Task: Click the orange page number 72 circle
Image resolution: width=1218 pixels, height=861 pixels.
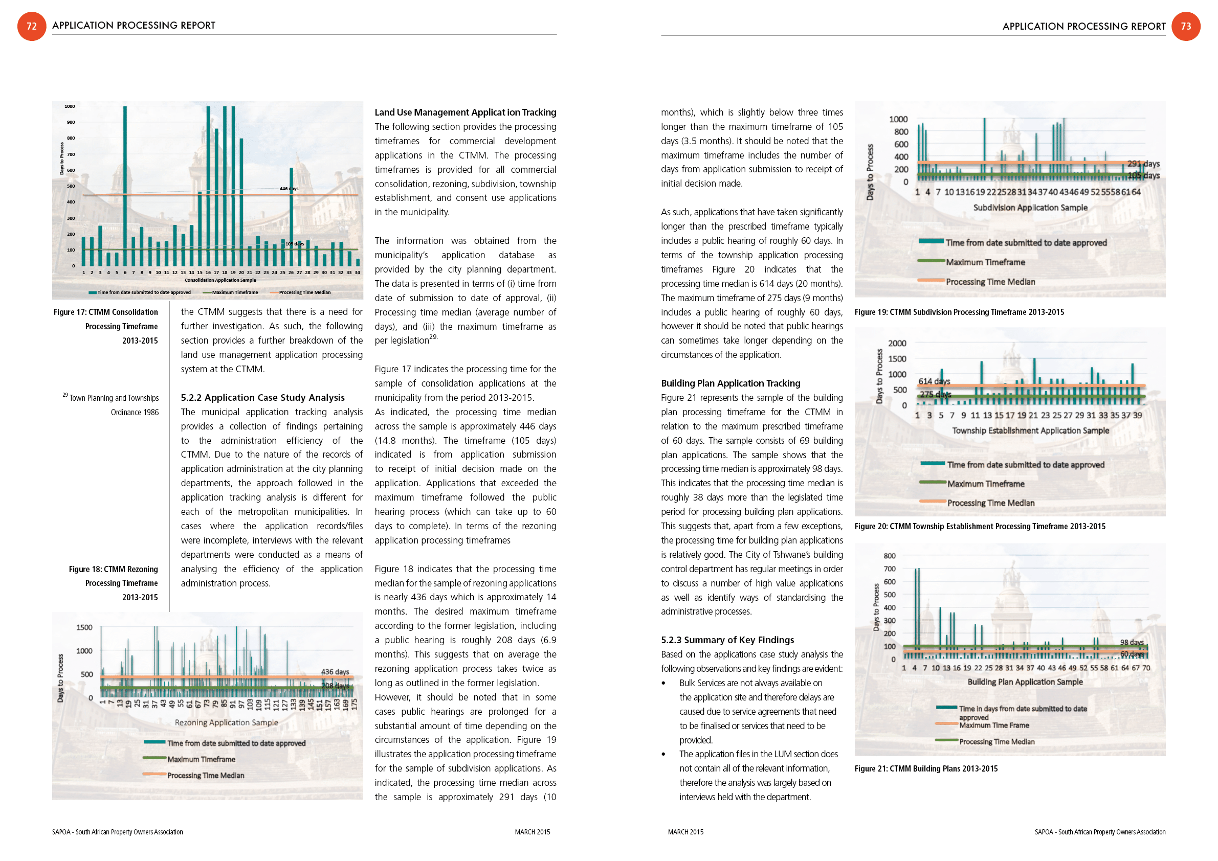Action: click(x=32, y=26)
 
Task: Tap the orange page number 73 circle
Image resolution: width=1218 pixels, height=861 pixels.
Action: click(x=1186, y=26)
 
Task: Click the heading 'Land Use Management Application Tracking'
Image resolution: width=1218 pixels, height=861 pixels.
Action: click(x=465, y=112)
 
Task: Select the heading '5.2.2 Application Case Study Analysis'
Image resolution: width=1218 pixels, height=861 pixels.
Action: click(x=262, y=398)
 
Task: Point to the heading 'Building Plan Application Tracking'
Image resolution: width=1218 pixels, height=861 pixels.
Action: click(x=730, y=383)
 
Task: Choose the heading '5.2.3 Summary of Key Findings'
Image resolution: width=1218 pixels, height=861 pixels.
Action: click(x=727, y=640)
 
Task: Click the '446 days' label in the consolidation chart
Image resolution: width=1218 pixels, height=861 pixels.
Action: click(x=289, y=189)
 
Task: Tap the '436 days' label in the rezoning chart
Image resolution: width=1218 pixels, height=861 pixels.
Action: click(x=335, y=672)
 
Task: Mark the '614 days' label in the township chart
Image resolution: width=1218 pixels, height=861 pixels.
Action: click(x=934, y=381)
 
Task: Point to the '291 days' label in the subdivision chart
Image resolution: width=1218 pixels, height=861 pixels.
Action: click(x=1143, y=164)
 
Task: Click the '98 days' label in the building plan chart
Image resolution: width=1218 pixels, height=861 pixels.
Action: click(x=1132, y=642)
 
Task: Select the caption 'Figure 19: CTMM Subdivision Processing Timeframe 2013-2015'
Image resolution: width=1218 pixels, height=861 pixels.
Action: click(x=959, y=312)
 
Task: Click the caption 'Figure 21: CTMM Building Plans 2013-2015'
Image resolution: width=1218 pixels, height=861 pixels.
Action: click(x=926, y=769)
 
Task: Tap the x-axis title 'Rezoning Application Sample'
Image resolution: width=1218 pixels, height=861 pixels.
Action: click(x=227, y=722)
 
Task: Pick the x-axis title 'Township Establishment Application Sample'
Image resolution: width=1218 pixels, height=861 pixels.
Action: click(x=1030, y=430)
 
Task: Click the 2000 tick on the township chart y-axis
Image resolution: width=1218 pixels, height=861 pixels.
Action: click(x=897, y=344)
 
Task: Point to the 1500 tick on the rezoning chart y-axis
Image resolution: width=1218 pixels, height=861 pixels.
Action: click(x=84, y=628)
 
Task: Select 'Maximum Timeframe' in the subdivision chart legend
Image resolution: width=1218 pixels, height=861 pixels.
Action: click(x=985, y=262)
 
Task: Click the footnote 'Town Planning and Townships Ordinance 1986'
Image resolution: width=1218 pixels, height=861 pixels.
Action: click(x=114, y=405)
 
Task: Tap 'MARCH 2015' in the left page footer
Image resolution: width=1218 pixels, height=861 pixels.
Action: click(x=532, y=832)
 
